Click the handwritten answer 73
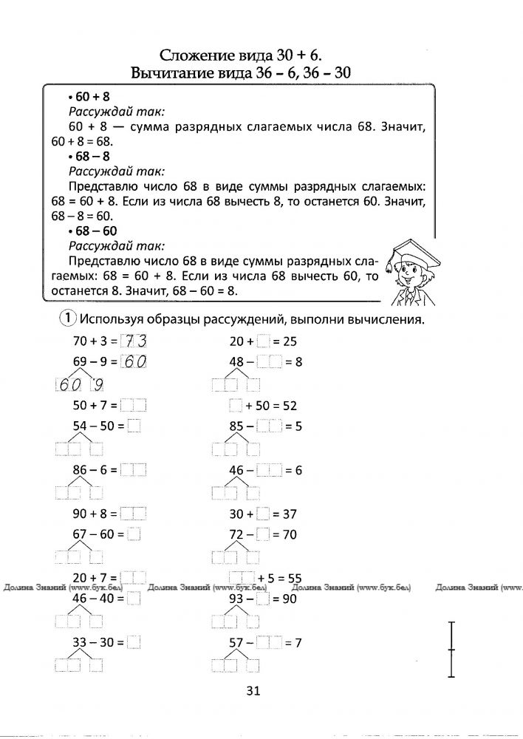[x=134, y=341]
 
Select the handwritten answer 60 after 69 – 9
[x=134, y=362]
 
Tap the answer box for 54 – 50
[x=134, y=426]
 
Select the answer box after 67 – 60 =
[x=134, y=534]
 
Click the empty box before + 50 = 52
[x=236, y=405]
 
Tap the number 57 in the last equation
[x=236, y=643]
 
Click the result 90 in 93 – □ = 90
[x=288, y=599]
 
